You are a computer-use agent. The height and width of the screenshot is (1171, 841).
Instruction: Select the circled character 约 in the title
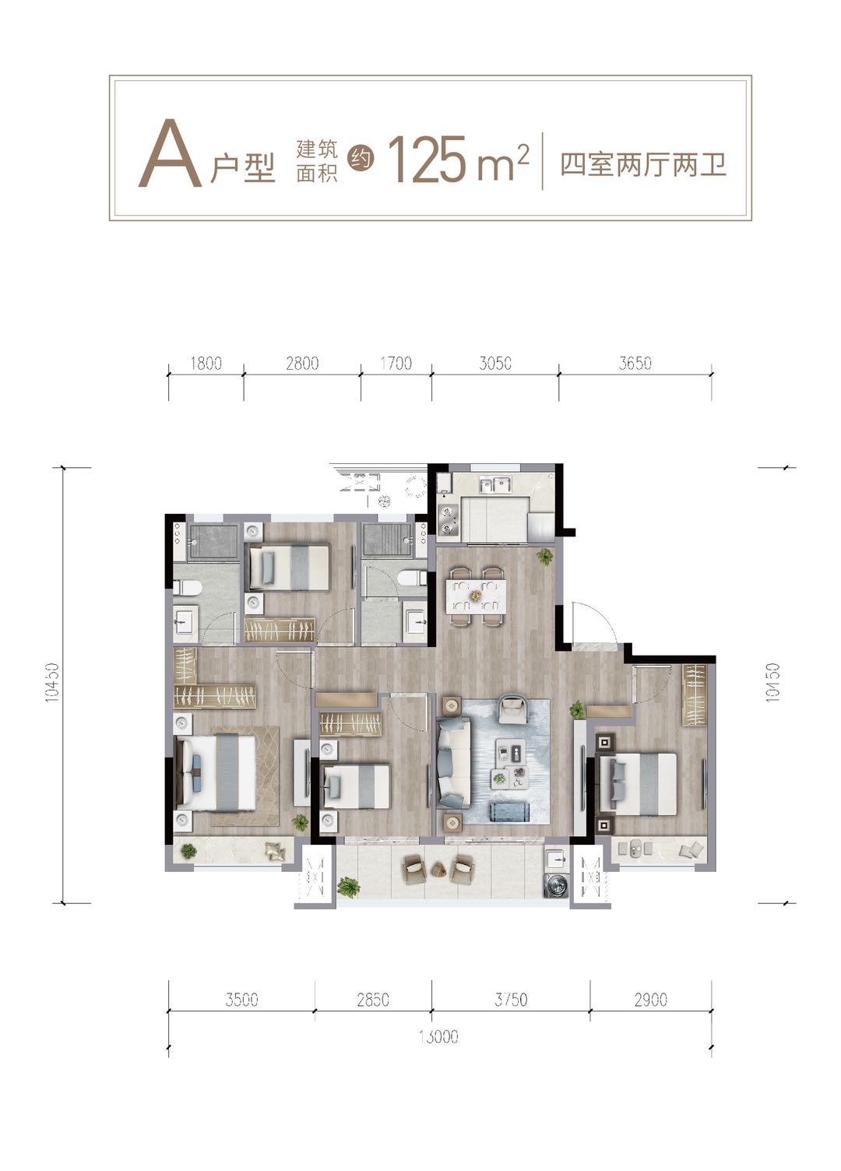click(x=361, y=158)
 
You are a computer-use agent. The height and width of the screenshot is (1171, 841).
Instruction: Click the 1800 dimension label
click(x=206, y=363)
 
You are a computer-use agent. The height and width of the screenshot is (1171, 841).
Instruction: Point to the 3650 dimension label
click(x=635, y=363)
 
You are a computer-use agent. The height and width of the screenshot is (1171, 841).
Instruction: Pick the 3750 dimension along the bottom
click(x=511, y=1000)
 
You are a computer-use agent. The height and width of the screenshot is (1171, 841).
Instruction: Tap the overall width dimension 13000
click(x=438, y=1036)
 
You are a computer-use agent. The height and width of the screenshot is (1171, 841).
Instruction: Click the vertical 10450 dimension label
click(x=51, y=682)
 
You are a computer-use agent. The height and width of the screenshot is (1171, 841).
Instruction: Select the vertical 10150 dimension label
click(x=773, y=682)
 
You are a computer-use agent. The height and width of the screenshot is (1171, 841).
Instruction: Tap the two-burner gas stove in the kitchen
click(x=448, y=519)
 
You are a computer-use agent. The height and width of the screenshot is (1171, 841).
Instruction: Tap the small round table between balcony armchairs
click(x=438, y=869)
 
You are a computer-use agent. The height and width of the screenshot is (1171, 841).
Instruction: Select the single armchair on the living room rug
click(x=512, y=709)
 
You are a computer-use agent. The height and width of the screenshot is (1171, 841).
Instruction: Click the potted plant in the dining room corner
click(x=545, y=556)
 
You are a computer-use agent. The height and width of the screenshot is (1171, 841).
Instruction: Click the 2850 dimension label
click(x=373, y=1000)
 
